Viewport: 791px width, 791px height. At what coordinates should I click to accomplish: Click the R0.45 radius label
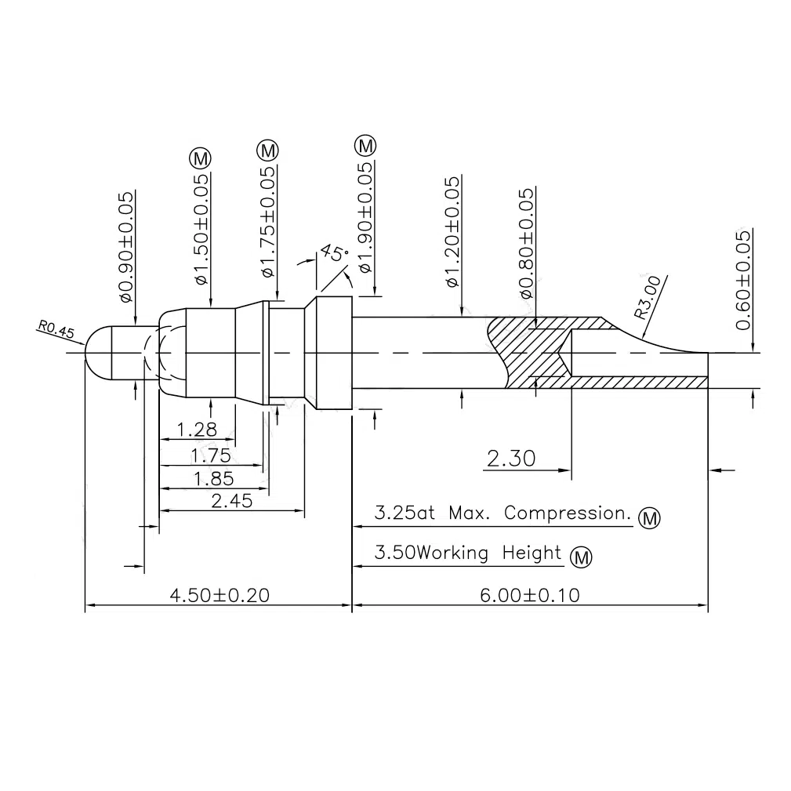pyautogui.click(x=54, y=330)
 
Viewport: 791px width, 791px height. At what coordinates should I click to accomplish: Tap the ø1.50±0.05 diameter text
pyautogui.click(x=201, y=229)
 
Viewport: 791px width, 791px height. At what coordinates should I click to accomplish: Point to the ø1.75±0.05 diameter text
pyautogui.click(x=268, y=222)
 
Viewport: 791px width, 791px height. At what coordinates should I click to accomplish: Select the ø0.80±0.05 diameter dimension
pyautogui.click(x=527, y=243)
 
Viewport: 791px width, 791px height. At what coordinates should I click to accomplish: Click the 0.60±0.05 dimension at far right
pyautogui.click(x=743, y=281)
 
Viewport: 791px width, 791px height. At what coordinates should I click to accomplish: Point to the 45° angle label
pyautogui.click(x=334, y=254)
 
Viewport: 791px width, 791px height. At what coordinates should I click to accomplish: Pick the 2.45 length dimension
pyautogui.click(x=231, y=501)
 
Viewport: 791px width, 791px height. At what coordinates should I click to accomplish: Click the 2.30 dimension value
pyautogui.click(x=511, y=459)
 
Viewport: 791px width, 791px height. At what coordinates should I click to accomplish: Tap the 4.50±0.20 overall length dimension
pyautogui.click(x=219, y=595)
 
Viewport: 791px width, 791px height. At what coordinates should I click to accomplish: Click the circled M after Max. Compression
pyautogui.click(x=650, y=518)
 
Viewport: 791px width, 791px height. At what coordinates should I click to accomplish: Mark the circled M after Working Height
pyautogui.click(x=580, y=557)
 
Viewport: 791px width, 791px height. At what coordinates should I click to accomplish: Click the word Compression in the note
pyautogui.click(x=568, y=514)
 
